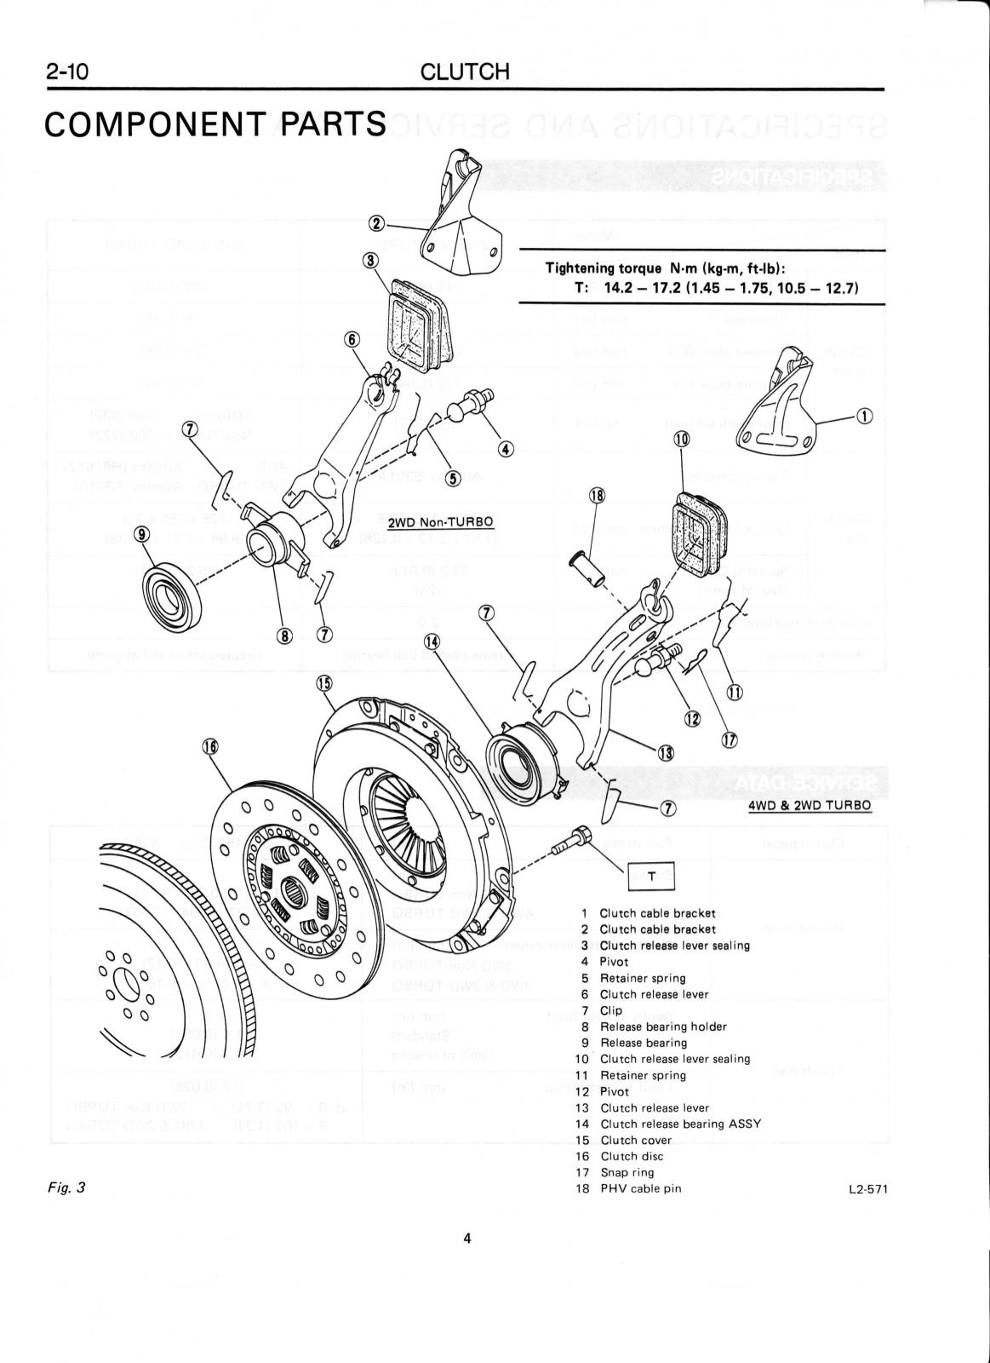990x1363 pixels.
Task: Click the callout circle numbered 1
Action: tap(865, 416)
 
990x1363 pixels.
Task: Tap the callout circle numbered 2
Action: tap(375, 223)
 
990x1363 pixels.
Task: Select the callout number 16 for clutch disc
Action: tap(209, 746)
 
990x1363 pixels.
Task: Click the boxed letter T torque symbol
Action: tap(651, 876)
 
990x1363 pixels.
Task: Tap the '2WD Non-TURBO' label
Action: tap(440, 521)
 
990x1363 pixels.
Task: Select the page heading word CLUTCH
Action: tap(465, 72)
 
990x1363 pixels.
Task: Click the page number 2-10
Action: tap(67, 72)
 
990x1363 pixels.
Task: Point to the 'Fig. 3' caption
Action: tap(68, 1187)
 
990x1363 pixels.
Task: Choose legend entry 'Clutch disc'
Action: tap(631, 1156)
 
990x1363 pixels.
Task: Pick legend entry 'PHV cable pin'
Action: tap(640, 1188)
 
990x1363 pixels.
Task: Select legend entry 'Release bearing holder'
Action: tap(663, 1027)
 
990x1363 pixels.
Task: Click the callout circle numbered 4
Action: tap(506, 448)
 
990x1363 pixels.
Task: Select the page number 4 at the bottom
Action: tap(467, 1239)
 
